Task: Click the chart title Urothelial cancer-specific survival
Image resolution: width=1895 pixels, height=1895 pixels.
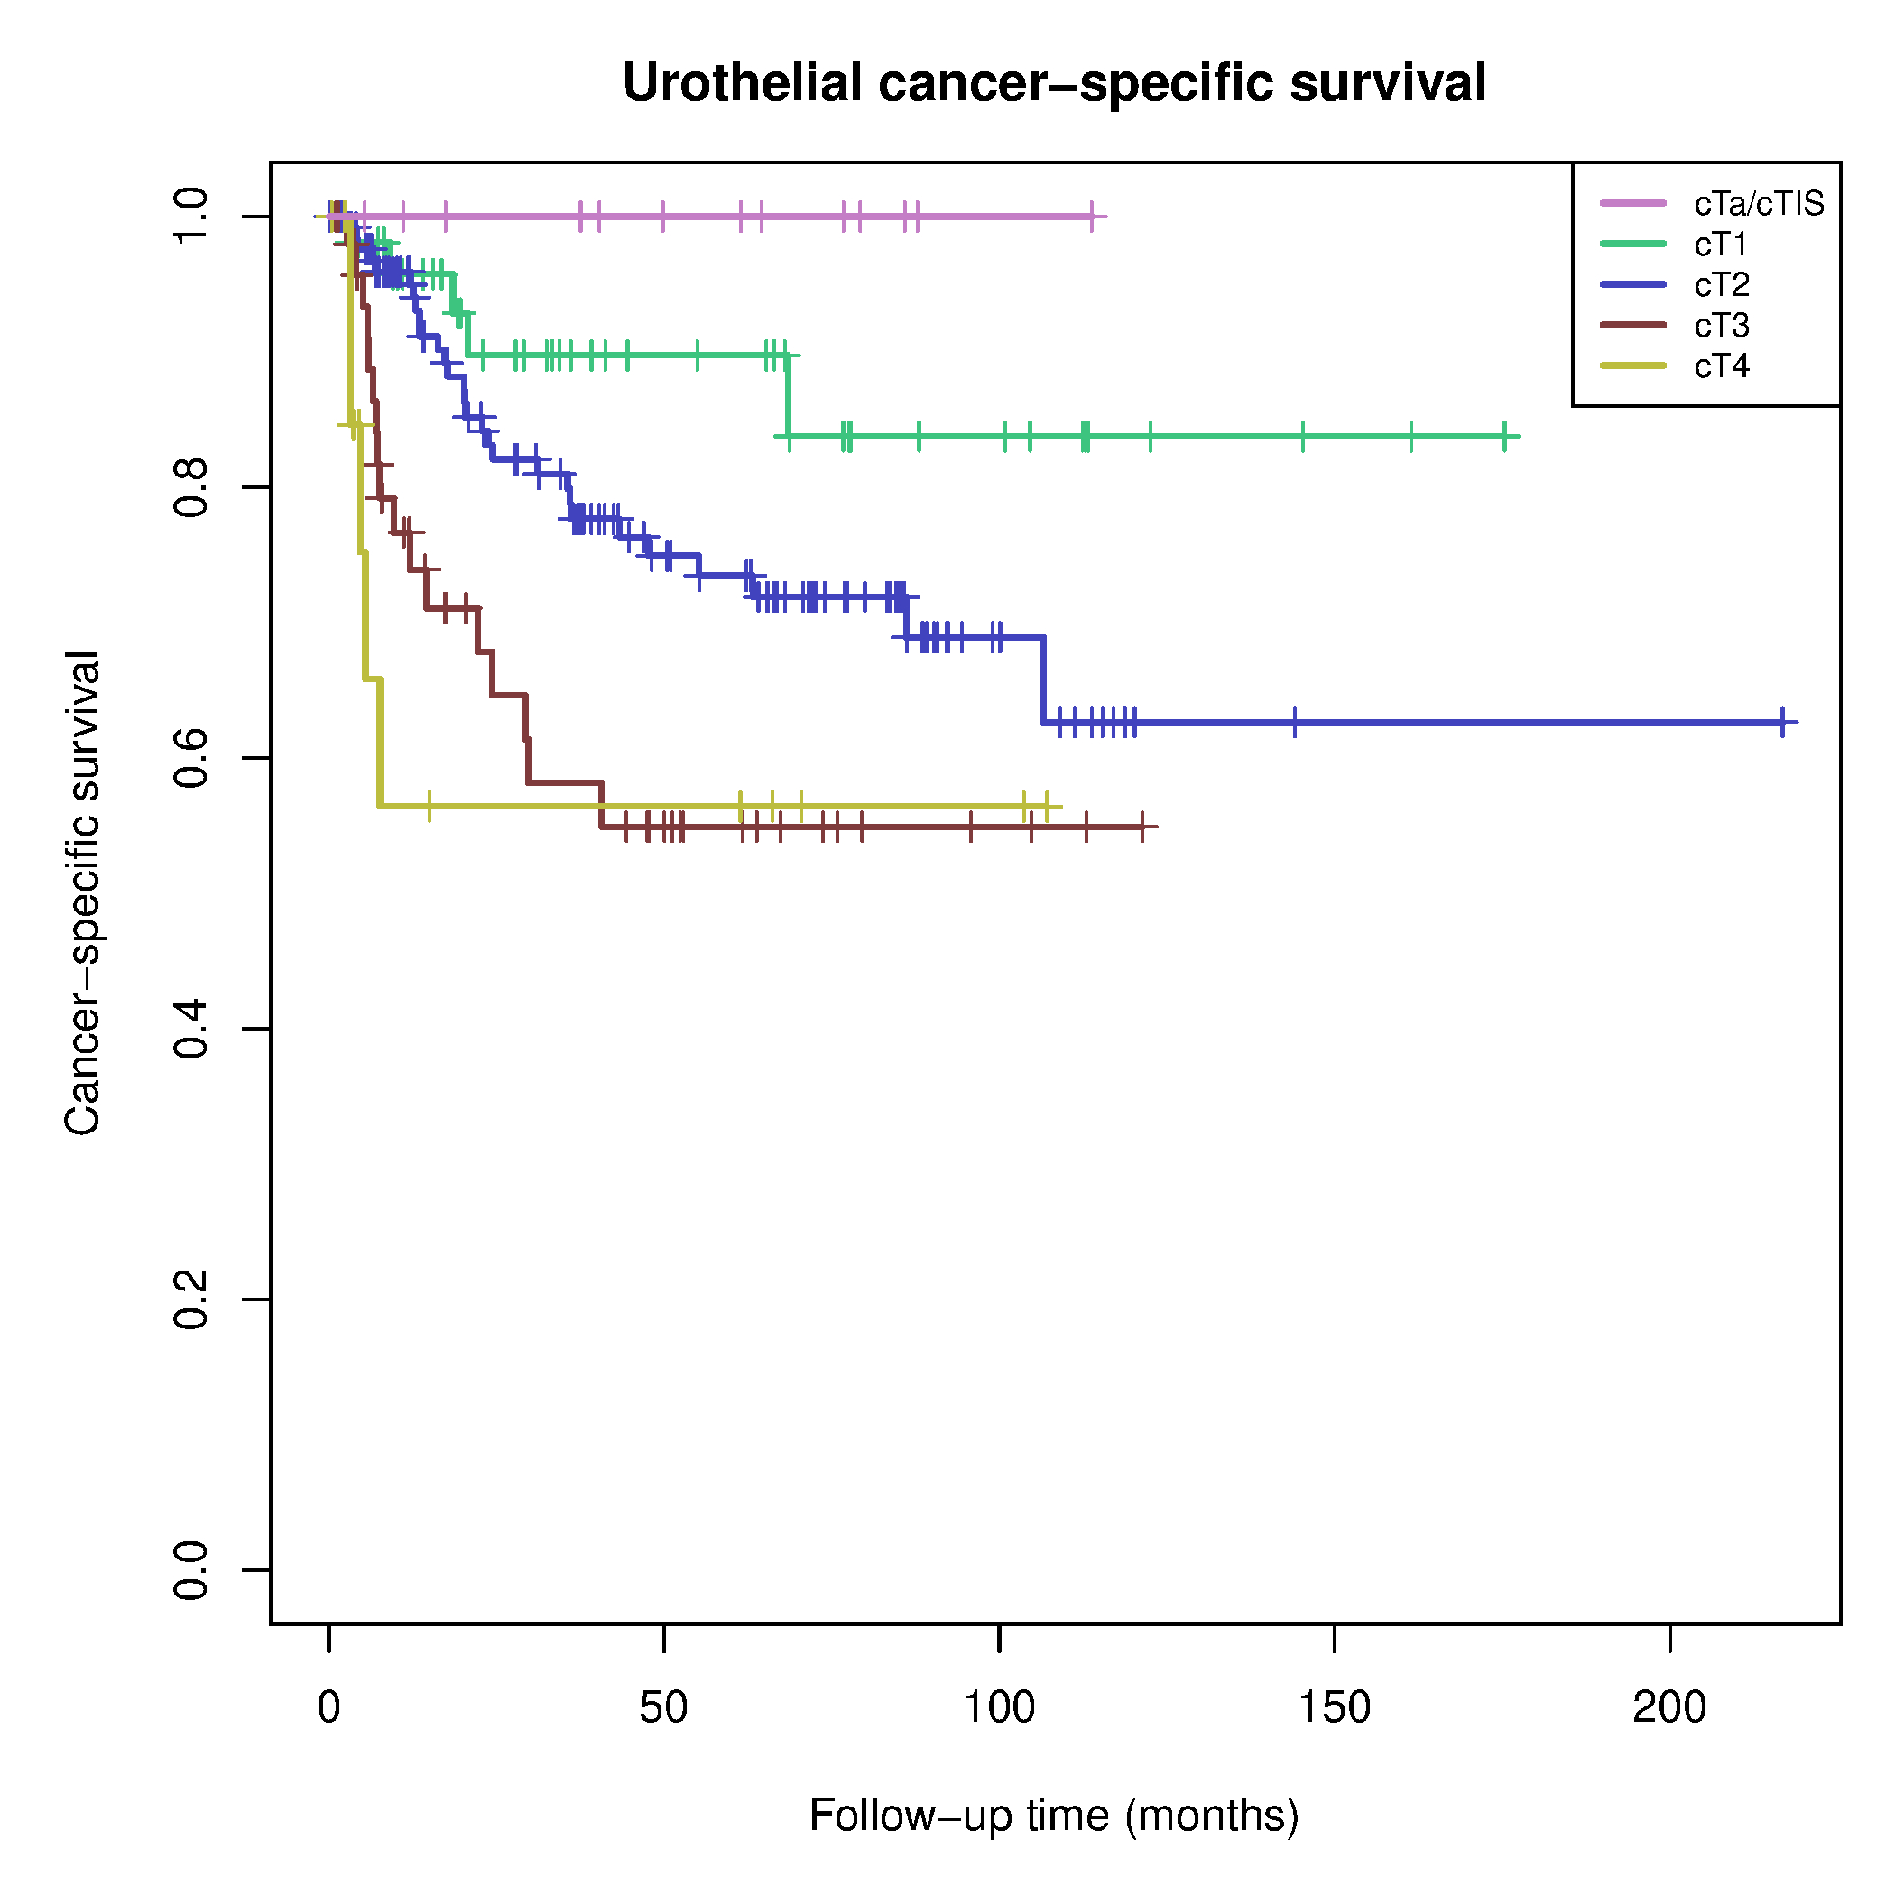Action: coord(1054,83)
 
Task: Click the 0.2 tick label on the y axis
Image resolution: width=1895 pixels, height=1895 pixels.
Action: coord(191,1299)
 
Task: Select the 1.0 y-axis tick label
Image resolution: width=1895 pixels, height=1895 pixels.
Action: coord(191,217)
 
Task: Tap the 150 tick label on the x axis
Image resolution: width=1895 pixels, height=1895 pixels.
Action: coord(1334,1707)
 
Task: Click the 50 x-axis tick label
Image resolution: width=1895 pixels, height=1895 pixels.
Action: coord(664,1707)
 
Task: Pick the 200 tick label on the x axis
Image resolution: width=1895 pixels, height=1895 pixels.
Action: coord(1669,1707)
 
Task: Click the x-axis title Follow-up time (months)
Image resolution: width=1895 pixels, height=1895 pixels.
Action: coord(1054,1816)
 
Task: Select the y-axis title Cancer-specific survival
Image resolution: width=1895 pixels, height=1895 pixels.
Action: coord(82,892)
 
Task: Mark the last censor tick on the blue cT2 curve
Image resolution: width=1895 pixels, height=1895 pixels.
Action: coord(1782,722)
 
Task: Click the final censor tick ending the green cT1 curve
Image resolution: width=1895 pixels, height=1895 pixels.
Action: coord(1503,437)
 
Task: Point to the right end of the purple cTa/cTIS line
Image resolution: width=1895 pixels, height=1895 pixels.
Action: coord(1105,217)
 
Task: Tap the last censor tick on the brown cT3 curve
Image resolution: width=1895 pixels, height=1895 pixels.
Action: coord(1142,827)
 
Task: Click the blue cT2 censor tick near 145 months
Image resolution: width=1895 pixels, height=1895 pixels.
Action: coord(1295,722)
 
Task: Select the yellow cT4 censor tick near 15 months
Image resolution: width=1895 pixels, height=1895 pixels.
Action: coord(429,806)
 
